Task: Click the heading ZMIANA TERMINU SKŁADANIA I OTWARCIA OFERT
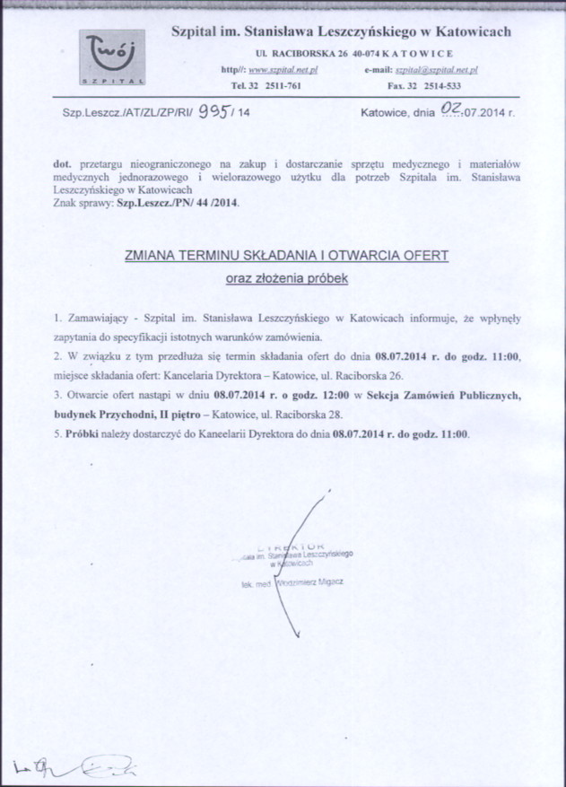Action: coord(286,256)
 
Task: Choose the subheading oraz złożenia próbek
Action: coord(286,278)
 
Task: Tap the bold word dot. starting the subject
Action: coord(62,165)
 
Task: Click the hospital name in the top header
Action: coord(341,32)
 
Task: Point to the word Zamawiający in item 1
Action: coord(100,319)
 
